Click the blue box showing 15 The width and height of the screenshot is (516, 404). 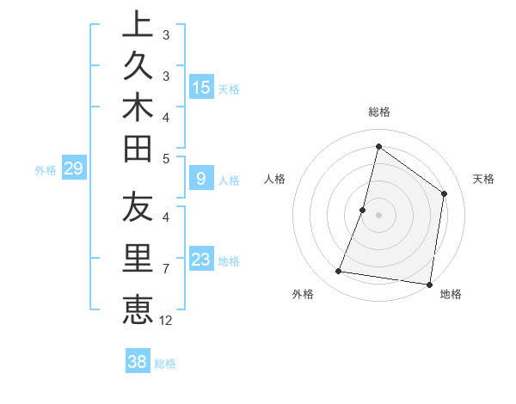point(201,88)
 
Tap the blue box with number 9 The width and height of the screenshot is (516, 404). point(201,179)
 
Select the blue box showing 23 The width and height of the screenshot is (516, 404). point(201,260)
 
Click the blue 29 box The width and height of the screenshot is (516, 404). point(73,168)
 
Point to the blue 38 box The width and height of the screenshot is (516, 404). point(138,362)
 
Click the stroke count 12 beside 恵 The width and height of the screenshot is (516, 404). point(166,320)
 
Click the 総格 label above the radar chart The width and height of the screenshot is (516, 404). point(378,112)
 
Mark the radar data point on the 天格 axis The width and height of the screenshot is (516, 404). point(445,193)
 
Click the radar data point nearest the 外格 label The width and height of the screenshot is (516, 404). point(339,272)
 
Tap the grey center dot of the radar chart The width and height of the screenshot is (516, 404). point(378,215)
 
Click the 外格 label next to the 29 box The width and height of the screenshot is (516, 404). point(46,170)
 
